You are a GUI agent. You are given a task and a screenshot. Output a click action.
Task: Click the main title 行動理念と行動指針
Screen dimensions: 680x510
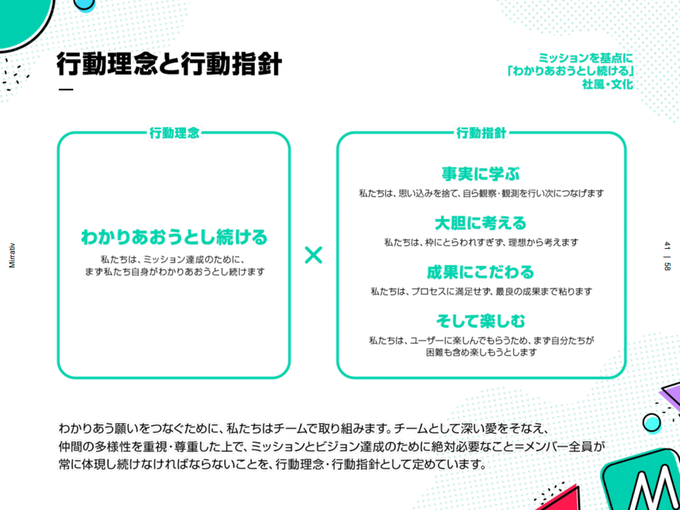pos(169,64)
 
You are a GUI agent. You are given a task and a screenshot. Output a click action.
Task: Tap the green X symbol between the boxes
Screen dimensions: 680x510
pos(314,255)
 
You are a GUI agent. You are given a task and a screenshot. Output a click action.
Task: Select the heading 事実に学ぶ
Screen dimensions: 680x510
pos(481,174)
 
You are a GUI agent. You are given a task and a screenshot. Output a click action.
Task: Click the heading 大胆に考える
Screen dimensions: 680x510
pos(481,223)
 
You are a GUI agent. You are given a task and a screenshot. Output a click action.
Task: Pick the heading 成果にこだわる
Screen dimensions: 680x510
pos(481,272)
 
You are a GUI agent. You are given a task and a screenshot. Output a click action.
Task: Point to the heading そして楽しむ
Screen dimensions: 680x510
pos(481,321)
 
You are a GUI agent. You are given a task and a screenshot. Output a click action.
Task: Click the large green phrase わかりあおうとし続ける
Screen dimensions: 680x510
pos(174,237)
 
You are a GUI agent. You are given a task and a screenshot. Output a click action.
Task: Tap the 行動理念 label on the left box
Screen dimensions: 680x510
pos(174,133)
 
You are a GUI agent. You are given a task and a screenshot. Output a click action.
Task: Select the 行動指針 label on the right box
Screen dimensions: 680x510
pos(481,133)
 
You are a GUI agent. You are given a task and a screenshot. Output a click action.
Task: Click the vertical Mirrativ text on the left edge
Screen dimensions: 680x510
pos(12,255)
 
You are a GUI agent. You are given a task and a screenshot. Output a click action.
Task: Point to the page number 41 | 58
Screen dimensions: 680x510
pos(667,256)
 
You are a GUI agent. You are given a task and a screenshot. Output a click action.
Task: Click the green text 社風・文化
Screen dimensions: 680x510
pos(607,84)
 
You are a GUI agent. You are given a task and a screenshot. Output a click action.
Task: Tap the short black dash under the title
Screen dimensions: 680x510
pos(66,90)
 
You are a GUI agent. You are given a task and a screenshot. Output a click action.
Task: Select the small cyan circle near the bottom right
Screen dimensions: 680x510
pos(652,423)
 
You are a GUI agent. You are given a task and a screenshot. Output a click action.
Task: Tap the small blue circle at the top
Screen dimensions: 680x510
pos(84,4)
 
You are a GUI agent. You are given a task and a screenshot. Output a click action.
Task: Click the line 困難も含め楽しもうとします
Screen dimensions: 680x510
pos(481,352)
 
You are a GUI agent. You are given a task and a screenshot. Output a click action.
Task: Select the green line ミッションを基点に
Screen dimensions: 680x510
pos(586,58)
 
